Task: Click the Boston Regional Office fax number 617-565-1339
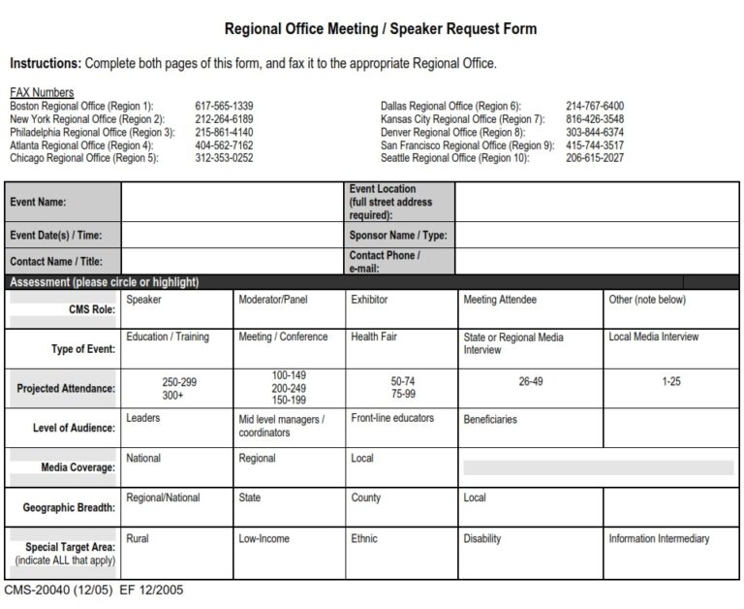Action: click(224, 106)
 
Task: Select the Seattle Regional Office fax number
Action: click(595, 157)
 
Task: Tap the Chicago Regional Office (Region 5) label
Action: click(83, 157)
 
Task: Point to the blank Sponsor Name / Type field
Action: click(598, 235)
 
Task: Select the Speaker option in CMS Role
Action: click(144, 301)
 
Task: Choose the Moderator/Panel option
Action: click(272, 301)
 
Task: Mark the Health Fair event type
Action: click(373, 337)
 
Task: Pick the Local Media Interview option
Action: click(653, 337)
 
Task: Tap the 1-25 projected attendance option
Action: click(671, 382)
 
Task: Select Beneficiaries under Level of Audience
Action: click(490, 420)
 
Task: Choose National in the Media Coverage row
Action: click(143, 458)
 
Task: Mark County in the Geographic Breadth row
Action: click(366, 497)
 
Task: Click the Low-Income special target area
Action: click(264, 538)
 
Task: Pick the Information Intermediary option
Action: click(659, 538)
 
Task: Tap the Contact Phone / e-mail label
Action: click(385, 261)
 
